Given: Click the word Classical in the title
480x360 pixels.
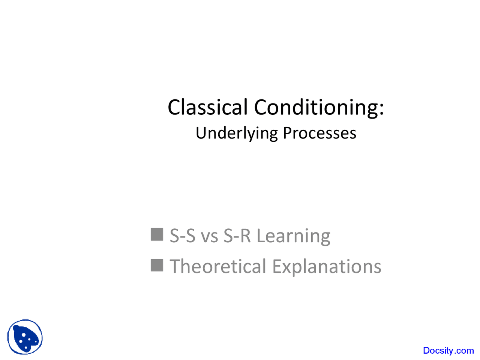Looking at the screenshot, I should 207,107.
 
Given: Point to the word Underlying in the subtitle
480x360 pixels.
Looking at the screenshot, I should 237,133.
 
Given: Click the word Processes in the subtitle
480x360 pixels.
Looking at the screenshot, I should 319,133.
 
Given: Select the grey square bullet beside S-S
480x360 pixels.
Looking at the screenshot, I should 157,234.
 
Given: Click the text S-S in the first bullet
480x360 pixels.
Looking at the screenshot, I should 182,236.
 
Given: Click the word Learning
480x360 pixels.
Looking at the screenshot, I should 293,236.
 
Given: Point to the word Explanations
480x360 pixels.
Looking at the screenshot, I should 327,267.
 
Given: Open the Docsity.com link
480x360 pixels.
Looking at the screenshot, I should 448,350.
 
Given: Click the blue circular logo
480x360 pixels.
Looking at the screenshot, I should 25,337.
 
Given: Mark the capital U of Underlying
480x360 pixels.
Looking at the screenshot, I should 201,133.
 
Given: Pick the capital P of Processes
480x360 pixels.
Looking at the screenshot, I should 287,133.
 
